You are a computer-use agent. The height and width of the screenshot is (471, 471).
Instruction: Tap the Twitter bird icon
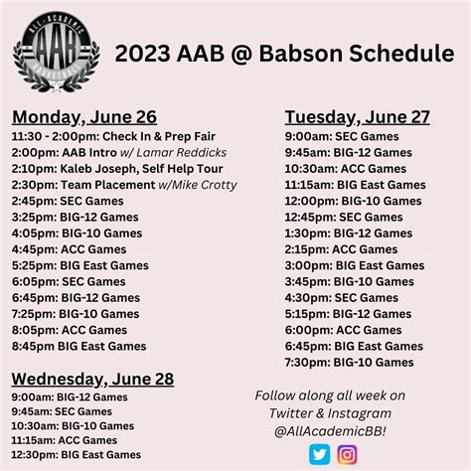click(x=320, y=454)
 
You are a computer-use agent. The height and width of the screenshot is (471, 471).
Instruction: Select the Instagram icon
click(x=347, y=454)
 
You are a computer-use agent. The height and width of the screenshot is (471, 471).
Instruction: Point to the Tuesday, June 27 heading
click(x=358, y=116)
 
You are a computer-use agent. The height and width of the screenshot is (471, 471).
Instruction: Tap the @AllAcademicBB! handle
click(x=331, y=429)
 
